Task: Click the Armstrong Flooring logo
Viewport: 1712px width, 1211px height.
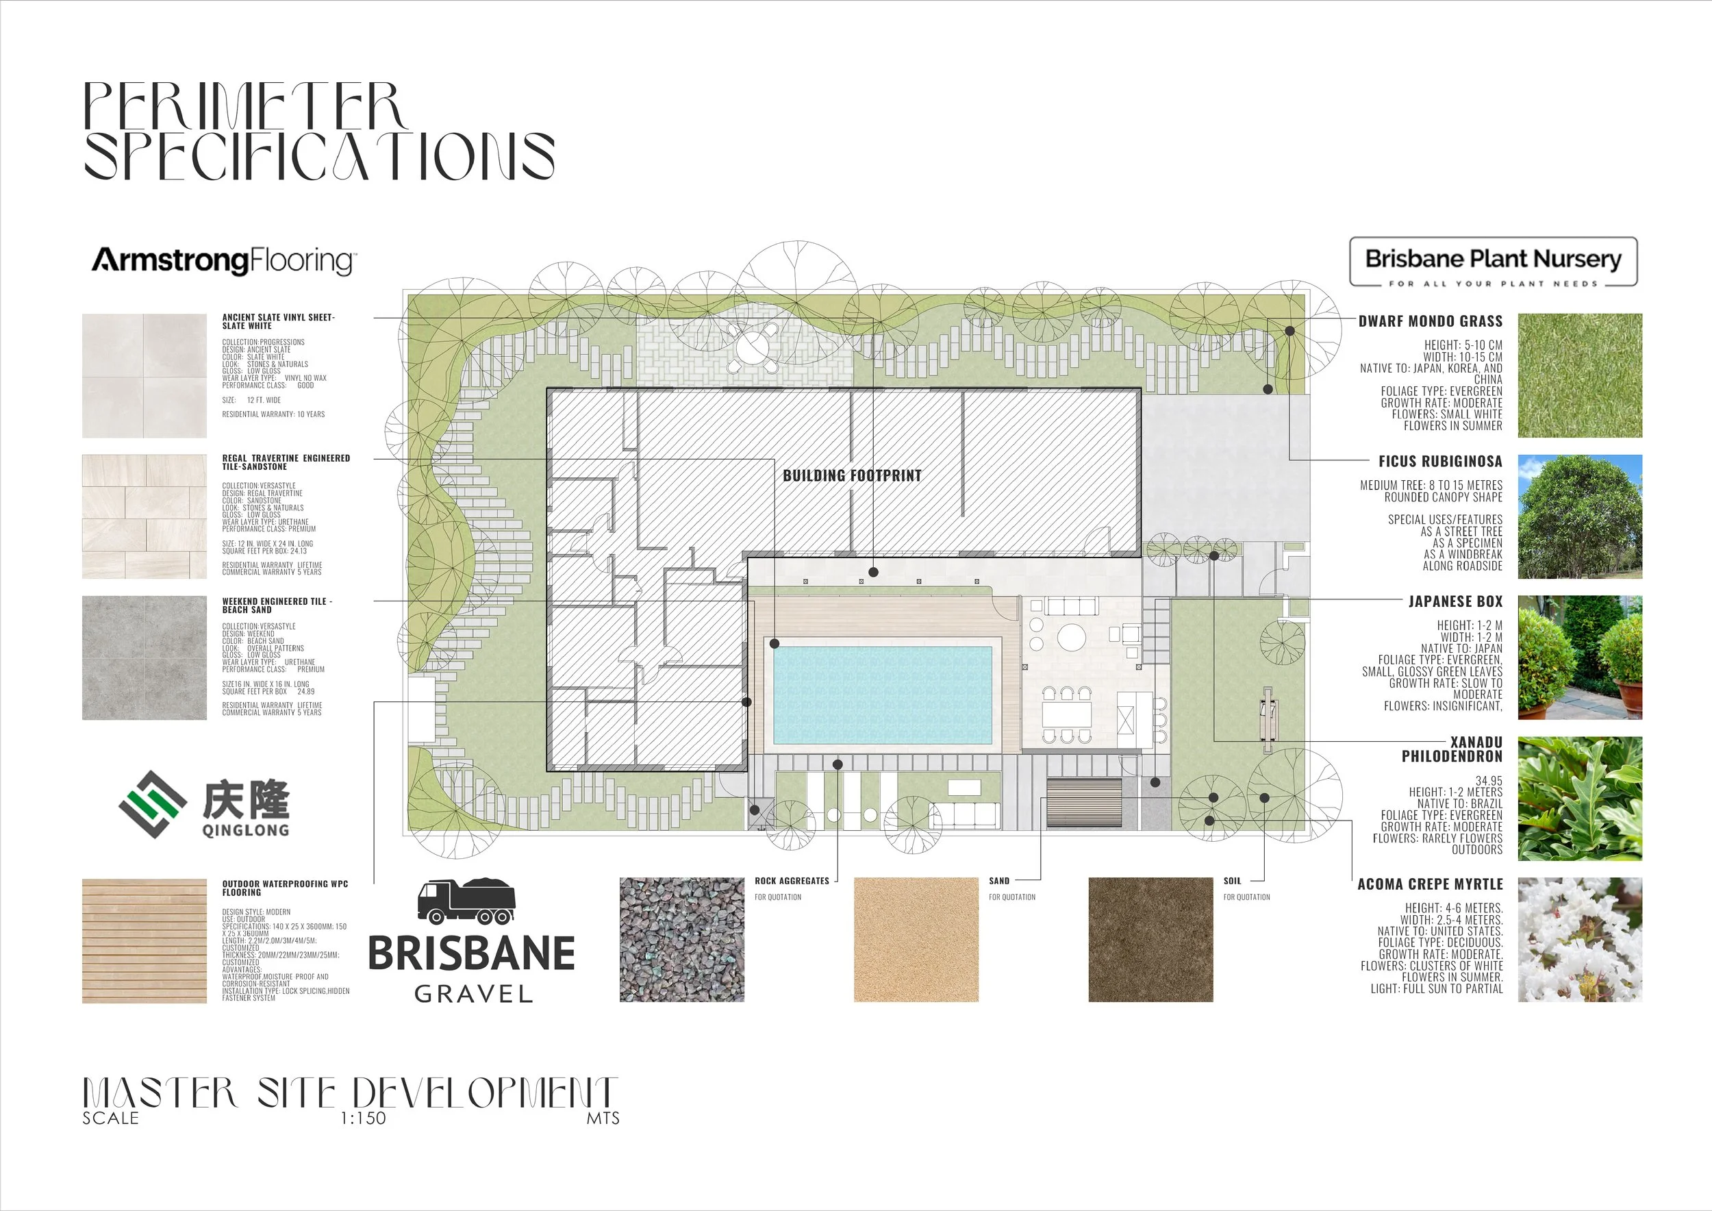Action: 224,260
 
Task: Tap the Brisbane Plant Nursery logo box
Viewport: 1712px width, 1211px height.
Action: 1493,262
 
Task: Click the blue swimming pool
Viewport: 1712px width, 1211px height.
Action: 882,695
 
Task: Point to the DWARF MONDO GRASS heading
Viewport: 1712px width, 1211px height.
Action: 1430,321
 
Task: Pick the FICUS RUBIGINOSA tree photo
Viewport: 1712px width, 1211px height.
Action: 1579,516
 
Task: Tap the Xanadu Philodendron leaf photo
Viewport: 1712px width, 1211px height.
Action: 1579,799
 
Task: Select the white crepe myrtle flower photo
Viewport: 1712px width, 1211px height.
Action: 1579,940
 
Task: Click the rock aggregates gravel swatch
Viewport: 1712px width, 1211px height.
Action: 681,940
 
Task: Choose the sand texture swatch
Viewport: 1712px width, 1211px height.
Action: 916,940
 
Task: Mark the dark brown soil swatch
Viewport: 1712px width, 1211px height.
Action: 1150,940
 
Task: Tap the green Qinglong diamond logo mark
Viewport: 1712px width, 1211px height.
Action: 153,804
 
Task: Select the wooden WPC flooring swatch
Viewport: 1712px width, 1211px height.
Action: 144,941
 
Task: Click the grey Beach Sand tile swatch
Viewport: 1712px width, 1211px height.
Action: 144,658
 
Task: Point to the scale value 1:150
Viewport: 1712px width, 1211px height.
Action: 363,1119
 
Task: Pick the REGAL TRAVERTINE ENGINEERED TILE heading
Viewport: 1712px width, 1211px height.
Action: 286,462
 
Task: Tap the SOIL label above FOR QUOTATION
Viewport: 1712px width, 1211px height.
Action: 1232,882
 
